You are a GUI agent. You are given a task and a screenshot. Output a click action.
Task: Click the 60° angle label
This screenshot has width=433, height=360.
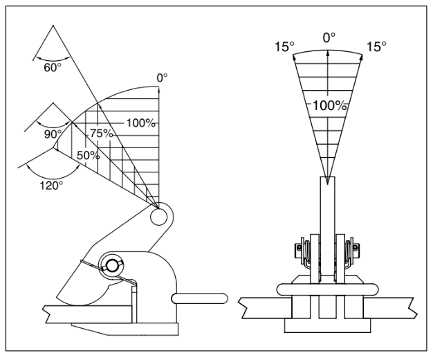coord(52,67)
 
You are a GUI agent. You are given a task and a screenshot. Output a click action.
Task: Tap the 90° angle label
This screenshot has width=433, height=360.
coord(53,134)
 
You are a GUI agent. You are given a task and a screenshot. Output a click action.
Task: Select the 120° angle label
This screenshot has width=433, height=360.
coord(51,186)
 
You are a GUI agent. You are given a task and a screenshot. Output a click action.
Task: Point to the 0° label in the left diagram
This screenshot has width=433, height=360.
coord(162,78)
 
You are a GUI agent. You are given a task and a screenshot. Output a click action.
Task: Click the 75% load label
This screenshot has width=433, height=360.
coord(102,134)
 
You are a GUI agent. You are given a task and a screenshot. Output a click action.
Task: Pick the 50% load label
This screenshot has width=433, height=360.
coord(89,156)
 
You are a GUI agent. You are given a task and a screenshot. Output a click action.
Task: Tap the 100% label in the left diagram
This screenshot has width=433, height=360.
coord(140,123)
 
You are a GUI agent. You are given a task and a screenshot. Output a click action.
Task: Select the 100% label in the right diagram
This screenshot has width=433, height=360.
coord(329,106)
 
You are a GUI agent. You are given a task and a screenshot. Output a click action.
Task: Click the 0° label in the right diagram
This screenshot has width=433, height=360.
coord(329,38)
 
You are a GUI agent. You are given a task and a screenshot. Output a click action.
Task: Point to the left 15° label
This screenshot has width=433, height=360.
coord(284,46)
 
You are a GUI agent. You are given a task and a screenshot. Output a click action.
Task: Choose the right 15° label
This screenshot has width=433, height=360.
coord(376,46)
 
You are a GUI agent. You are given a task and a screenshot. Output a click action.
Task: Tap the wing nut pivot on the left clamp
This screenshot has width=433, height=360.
coord(111,266)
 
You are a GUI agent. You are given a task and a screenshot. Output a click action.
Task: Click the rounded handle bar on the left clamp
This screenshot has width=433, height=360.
coord(200,299)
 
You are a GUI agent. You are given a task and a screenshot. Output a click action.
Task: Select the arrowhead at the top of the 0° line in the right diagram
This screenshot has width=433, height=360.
coord(328,53)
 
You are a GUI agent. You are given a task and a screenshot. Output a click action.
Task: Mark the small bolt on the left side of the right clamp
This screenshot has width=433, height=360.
coord(299,247)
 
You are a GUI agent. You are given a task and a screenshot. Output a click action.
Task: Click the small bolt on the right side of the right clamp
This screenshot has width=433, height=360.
coord(356,247)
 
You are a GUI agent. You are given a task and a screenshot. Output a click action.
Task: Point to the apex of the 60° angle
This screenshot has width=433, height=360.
coord(53,26)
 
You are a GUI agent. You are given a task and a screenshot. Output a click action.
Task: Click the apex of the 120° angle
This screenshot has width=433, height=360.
coord(53,148)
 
